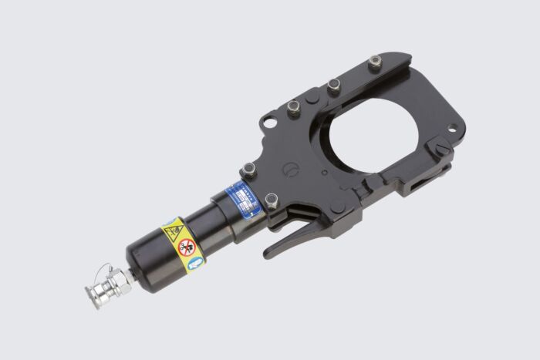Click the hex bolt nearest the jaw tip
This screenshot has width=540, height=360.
click(x=375, y=61)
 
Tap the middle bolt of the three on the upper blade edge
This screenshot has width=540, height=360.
click(x=333, y=85)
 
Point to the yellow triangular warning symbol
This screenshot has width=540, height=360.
click(x=173, y=232)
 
